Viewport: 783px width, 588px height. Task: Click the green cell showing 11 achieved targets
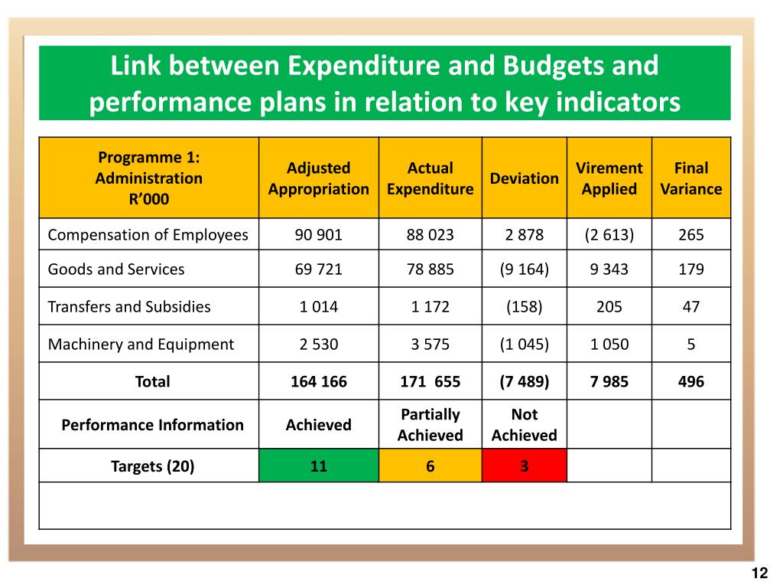coord(319,465)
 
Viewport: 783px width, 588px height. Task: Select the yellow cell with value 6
coord(430,465)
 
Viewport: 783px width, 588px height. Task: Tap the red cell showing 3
coord(525,465)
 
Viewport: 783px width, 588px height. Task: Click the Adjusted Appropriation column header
coord(319,178)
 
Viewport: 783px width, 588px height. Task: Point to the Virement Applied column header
coord(609,178)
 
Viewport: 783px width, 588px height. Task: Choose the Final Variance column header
coord(691,178)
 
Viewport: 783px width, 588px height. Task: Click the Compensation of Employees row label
coord(148,235)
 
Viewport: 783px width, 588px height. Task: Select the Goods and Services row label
coord(116,269)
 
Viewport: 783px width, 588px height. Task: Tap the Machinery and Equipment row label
coord(141,345)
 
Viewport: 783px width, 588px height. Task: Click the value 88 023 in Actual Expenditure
coord(430,235)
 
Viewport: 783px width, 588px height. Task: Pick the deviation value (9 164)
coord(525,269)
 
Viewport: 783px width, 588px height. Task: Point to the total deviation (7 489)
coord(525,381)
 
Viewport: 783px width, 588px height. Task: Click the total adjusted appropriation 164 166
coord(319,381)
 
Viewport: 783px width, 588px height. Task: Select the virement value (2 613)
coord(609,235)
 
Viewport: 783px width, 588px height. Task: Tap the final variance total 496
coord(691,381)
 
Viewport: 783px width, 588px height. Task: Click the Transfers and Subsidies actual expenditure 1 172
coord(430,307)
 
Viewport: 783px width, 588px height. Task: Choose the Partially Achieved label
coord(430,425)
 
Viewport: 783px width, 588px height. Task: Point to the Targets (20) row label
coord(153,465)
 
